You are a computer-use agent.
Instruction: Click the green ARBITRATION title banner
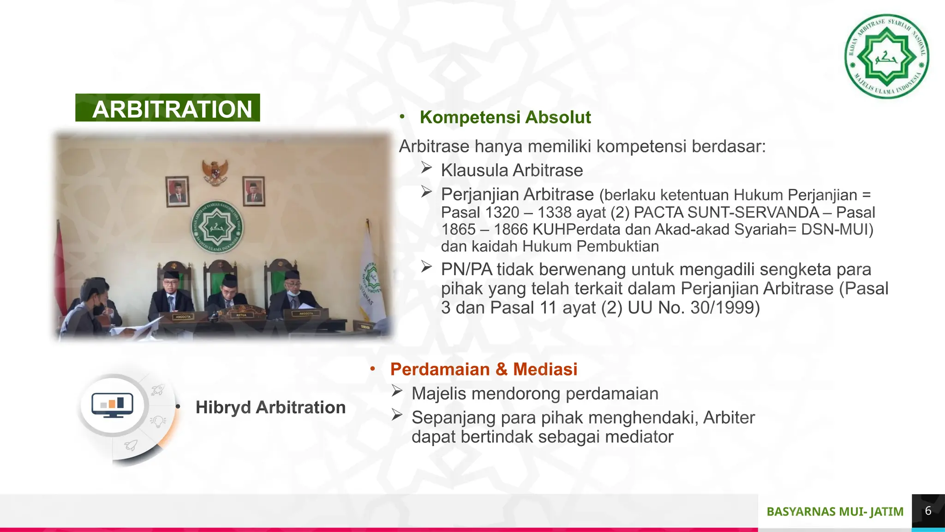click(x=167, y=108)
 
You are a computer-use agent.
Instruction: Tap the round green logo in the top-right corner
click(x=886, y=56)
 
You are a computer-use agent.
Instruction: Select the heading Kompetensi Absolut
click(x=505, y=117)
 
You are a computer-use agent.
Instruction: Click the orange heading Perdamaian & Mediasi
click(x=484, y=369)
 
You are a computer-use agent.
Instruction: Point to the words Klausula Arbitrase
click(x=512, y=170)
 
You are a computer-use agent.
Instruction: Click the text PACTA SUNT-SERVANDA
click(x=726, y=212)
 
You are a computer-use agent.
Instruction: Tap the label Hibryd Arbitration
click(x=270, y=407)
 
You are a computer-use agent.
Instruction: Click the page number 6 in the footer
click(x=928, y=511)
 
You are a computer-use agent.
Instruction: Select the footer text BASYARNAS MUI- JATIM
click(x=835, y=512)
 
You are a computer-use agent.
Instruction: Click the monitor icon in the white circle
click(x=112, y=405)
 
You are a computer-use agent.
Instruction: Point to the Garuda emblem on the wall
click(x=215, y=172)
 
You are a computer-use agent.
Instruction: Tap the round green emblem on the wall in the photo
click(x=217, y=227)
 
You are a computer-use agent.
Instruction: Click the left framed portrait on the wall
click(x=177, y=191)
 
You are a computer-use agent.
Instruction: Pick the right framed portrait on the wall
click(x=253, y=190)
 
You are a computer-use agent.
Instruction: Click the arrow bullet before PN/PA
click(x=426, y=267)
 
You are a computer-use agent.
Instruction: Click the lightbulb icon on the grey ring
click(x=158, y=421)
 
